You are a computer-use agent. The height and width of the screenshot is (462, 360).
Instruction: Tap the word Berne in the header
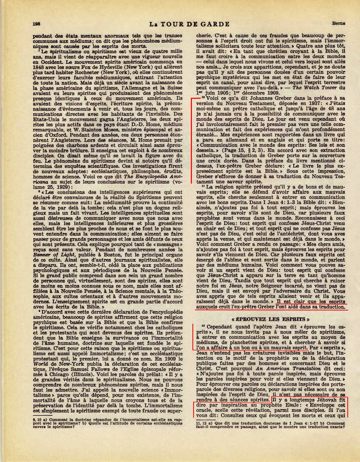[339, 23]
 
